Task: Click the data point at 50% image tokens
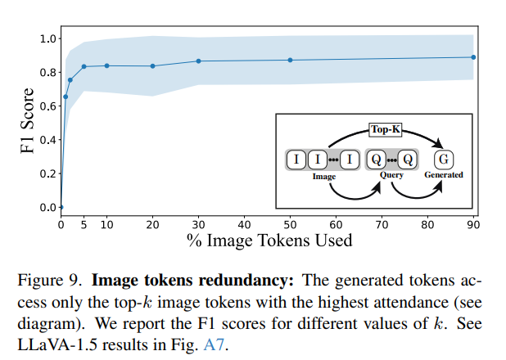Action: tap(290, 60)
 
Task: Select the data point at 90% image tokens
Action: tap(474, 57)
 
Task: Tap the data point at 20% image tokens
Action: tap(152, 66)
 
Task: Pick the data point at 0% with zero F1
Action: tap(61, 207)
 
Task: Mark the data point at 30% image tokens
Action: tap(198, 61)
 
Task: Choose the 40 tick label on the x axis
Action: tap(244, 225)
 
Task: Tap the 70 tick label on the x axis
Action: tap(382, 225)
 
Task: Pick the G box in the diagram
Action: tap(443, 159)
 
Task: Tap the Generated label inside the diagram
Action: tap(443, 175)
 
